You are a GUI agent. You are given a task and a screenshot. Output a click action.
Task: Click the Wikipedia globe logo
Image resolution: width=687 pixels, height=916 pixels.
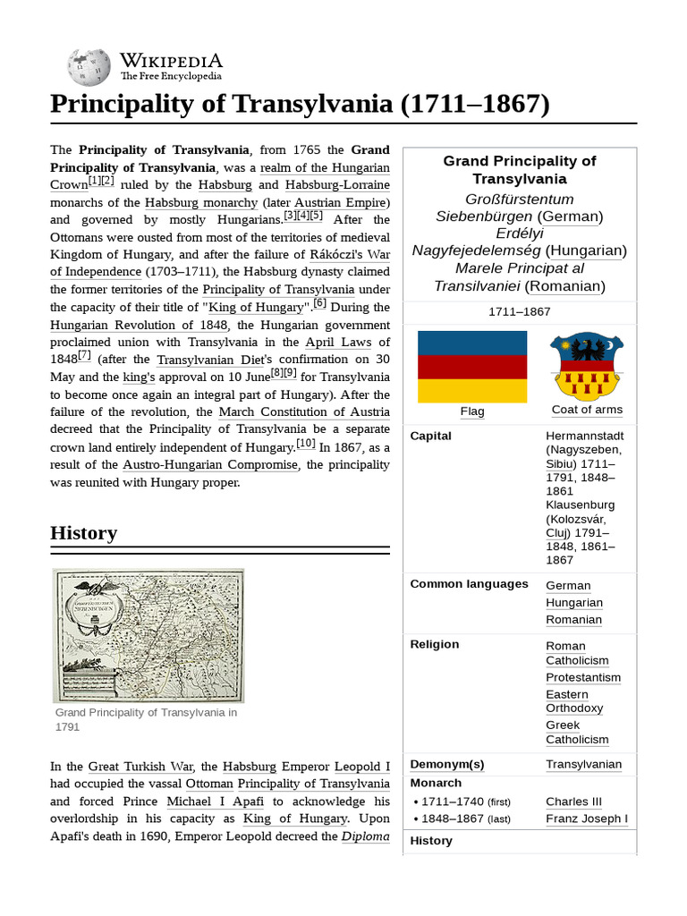coord(88,67)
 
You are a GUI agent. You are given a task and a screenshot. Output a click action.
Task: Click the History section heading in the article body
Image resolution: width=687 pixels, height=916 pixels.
coord(83,533)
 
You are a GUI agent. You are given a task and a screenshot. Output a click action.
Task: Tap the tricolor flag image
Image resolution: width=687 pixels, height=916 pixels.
coord(472,366)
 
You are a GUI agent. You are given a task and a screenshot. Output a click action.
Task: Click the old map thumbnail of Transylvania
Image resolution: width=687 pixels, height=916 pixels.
coord(148,635)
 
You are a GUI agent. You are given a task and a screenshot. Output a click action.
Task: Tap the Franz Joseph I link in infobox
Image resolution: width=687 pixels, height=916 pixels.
coord(587,818)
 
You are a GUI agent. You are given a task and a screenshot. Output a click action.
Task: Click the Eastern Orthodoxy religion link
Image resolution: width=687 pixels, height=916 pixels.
coord(574,701)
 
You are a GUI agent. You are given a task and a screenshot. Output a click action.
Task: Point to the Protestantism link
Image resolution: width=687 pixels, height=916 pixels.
coord(583,677)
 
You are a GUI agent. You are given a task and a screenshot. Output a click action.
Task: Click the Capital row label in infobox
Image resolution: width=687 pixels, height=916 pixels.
coord(430,436)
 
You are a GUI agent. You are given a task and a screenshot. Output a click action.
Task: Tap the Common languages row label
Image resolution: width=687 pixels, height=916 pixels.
coord(469,584)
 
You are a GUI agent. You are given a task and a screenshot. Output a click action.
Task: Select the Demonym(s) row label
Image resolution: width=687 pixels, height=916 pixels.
coord(446,764)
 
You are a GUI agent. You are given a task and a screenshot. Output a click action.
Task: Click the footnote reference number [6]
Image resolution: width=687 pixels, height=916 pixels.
coord(320,303)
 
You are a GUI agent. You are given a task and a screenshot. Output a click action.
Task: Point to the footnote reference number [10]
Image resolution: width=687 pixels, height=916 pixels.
coord(305,444)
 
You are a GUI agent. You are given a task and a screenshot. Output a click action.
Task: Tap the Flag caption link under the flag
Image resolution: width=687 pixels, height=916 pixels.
coord(472,411)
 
